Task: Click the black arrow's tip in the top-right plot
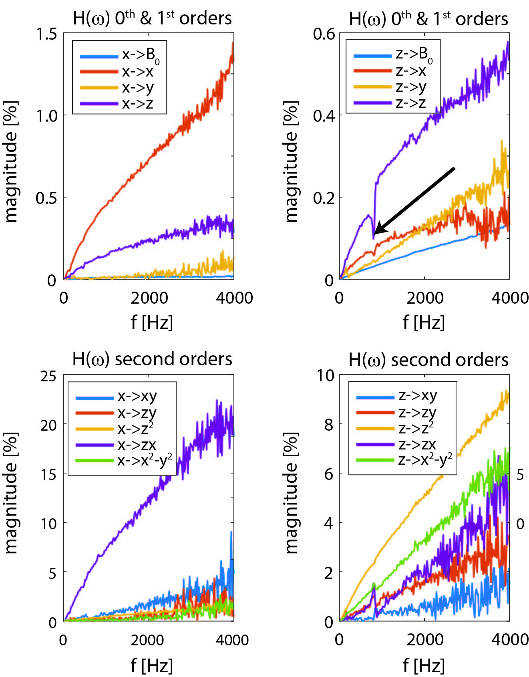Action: pos(374,234)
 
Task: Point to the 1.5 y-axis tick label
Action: pos(46,34)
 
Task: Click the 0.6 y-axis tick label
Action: pos(324,34)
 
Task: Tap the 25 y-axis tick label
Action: pos(48,376)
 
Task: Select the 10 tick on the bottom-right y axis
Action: pos(325,375)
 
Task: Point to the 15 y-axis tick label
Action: pos(48,474)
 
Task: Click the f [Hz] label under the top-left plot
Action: pos(152,322)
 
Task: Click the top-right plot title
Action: pos(428,19)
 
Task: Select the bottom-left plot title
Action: pos(152,359)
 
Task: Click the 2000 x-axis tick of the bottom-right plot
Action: pos(425,639)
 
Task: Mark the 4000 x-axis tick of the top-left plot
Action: pos(234,298)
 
